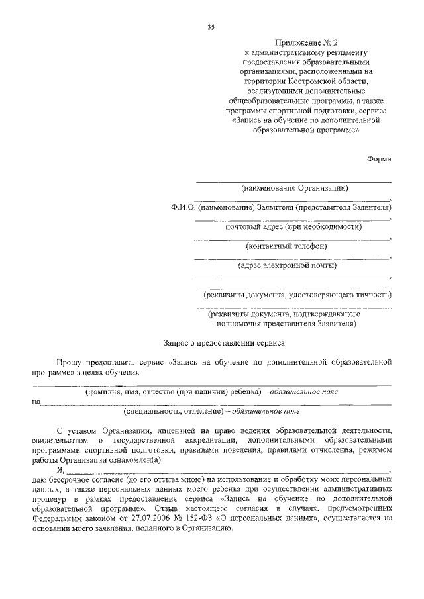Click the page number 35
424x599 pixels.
coord(211,26)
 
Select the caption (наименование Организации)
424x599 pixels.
coord(294,188)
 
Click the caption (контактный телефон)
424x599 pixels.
coord(286,246)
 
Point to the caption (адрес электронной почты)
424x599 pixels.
coord(287,266)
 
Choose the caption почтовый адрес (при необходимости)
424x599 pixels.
coord(293,227)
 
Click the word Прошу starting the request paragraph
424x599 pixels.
coord(68,363)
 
